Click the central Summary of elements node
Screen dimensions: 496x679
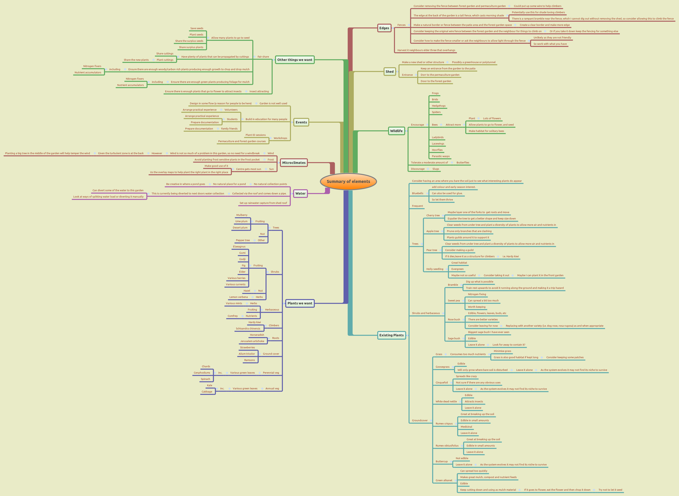(x=348, y=181)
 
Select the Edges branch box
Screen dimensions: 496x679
(x=384, y=28)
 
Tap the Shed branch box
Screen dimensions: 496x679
(x=389, y=71)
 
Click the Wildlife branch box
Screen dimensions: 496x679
(x=396, y=131)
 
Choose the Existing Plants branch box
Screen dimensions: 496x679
(x=391, y=335)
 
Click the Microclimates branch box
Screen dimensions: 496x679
(x=294, y=163)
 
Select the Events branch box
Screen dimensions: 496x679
(x=301, y=122)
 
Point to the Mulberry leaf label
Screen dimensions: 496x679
(x=242, y=215)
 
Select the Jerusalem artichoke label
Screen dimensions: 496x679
(x=252, y=341)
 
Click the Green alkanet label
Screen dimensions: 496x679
(x=444, y=480)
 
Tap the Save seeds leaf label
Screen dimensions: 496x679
(x=197, y=28)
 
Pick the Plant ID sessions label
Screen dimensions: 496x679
(x=255, y=135)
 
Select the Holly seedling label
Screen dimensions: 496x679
(x=435, y=269)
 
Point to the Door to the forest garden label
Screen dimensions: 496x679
(x=436, y=81)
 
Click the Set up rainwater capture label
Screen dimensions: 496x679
(x=263, y=203)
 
